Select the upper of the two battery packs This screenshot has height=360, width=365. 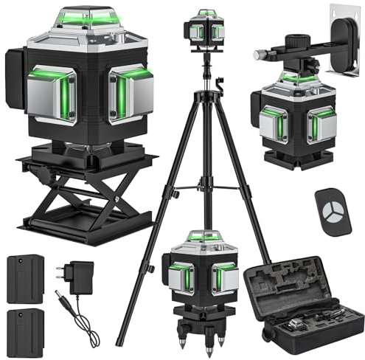pos(25,278)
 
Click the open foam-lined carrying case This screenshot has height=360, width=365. pos(303,302)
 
